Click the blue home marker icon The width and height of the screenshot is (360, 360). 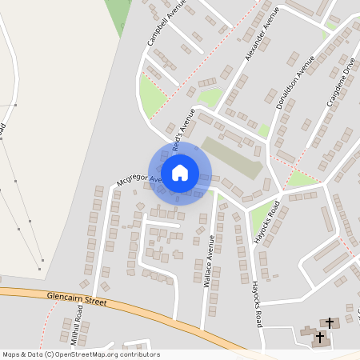pyautogui.click(x=180, y=172)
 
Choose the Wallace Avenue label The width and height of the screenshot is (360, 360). pyautogui.click(x=210, y=261)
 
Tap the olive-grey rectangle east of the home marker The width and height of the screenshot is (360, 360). pyautogui.click(x=231, y=158)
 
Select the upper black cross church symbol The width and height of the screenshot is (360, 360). pyautogui.click(x=329, y=322)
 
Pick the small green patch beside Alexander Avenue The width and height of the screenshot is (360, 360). pyautogui.click(x=210, y=98)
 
